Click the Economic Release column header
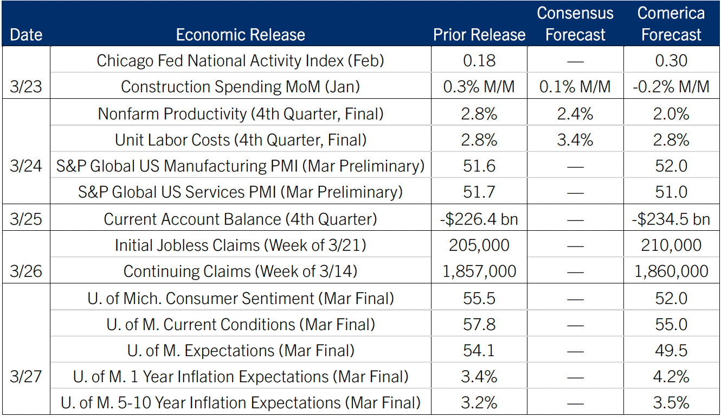tap(240, 35)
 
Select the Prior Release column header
tap(479, 35)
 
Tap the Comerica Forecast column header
tap(671, 24)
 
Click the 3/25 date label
tap(25, 219)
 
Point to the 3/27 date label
tap(25, 377)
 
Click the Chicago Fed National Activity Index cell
tap(240, 60)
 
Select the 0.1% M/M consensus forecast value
tap(575, 86)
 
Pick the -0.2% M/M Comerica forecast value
tap(671, 86)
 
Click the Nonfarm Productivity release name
tap(240, 114)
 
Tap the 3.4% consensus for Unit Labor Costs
tap(575, 140)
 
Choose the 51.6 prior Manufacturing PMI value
tap(479, 166)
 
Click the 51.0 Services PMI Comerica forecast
tap(671, 192)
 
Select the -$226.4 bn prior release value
tap(479, 219)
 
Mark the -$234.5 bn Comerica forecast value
tap(671, 219)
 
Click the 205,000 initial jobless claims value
tap(479, 245)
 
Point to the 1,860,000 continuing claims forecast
tap(671, 271)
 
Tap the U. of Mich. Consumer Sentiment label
tap(240, 298)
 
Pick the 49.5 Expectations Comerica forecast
tap(671, 350)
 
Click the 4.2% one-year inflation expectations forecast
tap(671, 376)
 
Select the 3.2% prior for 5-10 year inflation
tap(479, 403)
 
